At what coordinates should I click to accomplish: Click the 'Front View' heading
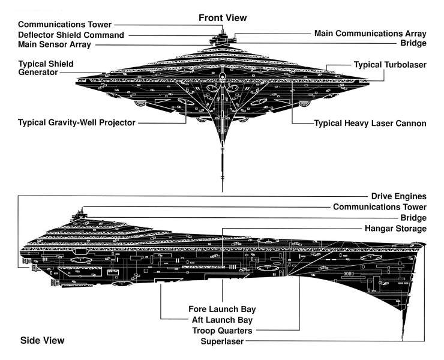coord(223,18)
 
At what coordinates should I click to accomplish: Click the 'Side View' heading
coord(42,340)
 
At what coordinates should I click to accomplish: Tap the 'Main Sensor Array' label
coord(55,44)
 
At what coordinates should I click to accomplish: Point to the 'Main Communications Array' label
coord(370,33)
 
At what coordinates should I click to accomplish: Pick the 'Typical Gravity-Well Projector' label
coord(77,122)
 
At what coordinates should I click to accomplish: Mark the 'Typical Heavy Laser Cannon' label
coord(370,124)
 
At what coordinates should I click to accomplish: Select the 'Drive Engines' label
coord(398,196)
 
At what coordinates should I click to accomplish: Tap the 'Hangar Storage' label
coord(394,229)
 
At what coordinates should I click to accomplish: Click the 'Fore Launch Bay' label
coord(223,309)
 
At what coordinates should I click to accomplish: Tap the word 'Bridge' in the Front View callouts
coord(415,43)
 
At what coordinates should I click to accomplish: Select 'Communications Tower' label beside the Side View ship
coord(380,207)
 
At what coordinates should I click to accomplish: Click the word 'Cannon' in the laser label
coord(410,124)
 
